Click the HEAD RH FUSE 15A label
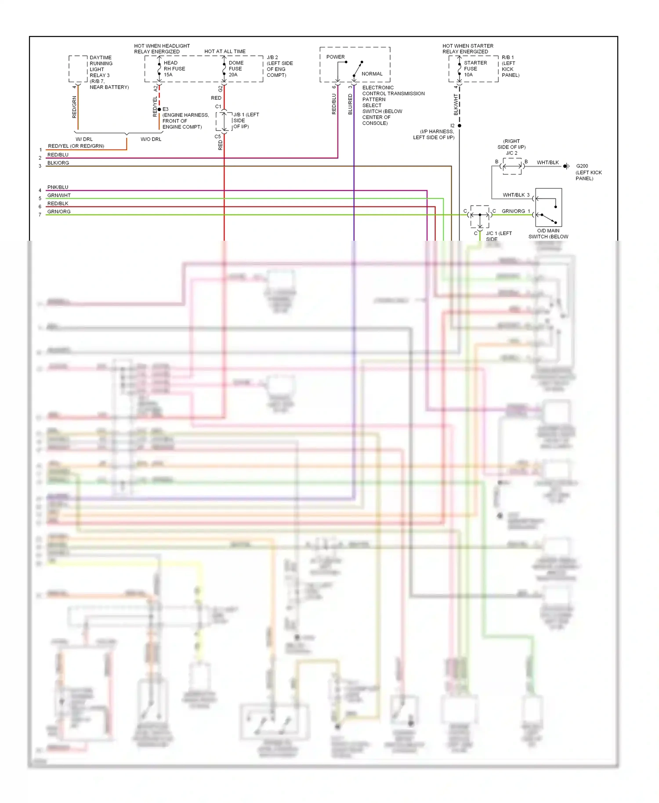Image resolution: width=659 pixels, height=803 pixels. (174, 69)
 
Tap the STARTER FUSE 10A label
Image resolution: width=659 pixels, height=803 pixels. (475, 69)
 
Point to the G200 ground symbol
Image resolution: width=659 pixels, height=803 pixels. (567, 166)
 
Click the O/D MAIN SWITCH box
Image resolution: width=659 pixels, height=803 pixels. (548, 207)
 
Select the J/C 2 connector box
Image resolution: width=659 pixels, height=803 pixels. (512, 166)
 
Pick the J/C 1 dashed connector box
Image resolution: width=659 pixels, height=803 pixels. (480, 216)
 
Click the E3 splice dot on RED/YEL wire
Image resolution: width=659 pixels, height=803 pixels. (159, 109)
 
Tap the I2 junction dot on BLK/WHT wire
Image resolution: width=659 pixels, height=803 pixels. (460, 126)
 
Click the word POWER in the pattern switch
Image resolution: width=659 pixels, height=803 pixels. (335, 57)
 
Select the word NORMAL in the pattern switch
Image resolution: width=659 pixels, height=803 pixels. (372, 74)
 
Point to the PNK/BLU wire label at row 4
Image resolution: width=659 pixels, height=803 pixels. (58, 187)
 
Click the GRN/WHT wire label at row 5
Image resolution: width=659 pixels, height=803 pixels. (59, 195)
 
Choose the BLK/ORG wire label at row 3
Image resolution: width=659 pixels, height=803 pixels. (58, 163)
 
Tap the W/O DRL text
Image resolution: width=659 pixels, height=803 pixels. (151, 139)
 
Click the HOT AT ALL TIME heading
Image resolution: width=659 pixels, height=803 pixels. (224, 51)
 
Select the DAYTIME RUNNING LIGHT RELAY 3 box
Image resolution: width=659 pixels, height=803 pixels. (78, 69)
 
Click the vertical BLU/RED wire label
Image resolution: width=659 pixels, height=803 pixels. (350, 105)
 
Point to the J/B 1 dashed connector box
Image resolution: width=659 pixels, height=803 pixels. (224, 121)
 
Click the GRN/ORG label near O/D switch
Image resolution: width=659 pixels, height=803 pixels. (513, 211)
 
